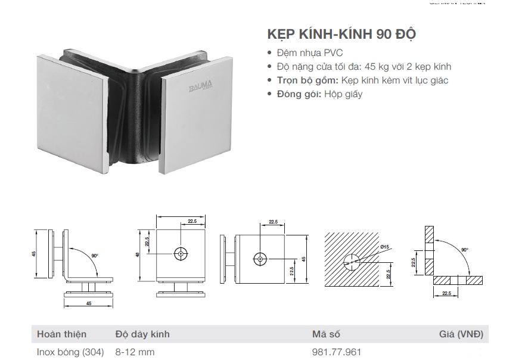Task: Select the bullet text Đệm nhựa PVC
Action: pyautogui.click(x=309, y=53)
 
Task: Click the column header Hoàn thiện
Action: pyautogui.click(x=61, y=334)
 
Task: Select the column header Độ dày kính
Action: pyautogui.click(x=142, y=334)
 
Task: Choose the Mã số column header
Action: pyautogui.click(x=326, y=334)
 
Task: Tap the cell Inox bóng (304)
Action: pyautogui.click(x=70, y=352)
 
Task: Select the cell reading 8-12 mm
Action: pyautogui.click(x=135, y=352)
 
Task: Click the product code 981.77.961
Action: pyautogui.click(x=337, y=352)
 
